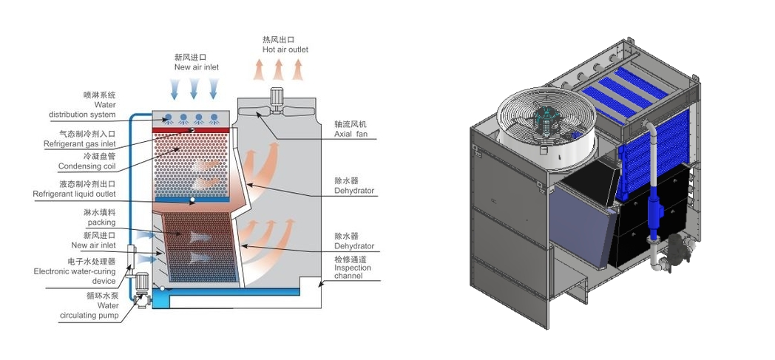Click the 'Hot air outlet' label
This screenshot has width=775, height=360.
[285, 50]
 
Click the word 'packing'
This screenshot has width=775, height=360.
[101, 222]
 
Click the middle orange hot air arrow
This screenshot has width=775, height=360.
[278, 69]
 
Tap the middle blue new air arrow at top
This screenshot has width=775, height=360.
[194, 88]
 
